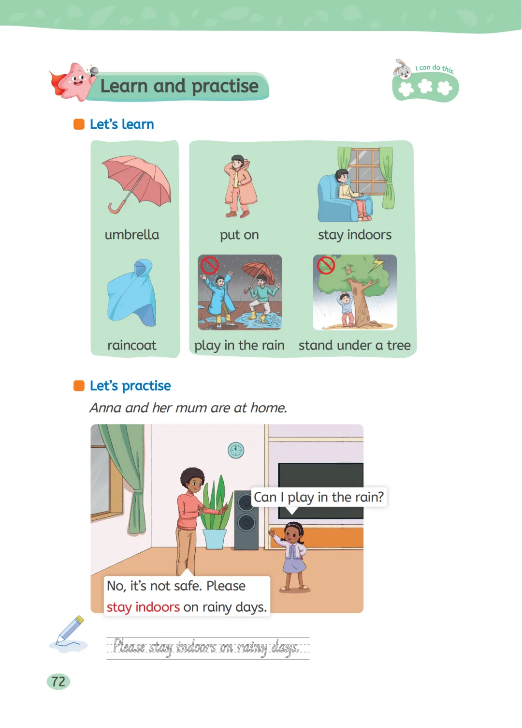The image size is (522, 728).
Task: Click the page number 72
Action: (x=58, y=682)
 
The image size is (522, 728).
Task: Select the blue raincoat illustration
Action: (x=132, y=292)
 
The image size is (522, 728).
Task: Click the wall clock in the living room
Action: (x=236, y=450)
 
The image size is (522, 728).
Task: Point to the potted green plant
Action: (x=216, y=513)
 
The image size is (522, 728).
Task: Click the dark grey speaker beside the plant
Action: (x=246, y=520)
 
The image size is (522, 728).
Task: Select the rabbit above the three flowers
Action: (x=402, y=69)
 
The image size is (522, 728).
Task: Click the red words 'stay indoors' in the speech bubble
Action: (x=143, y=607)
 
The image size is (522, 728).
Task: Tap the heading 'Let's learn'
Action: (x=122, y=124)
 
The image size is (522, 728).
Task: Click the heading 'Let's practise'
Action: (x=130, y=386)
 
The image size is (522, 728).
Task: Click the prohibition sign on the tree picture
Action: (x=325, y=265)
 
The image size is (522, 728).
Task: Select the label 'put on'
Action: (x=239, y=235)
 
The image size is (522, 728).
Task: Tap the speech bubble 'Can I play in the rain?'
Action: (x=319, y=497)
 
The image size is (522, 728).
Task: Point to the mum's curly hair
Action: (x=192, y=477)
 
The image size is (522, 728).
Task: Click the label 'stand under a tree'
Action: (x=355, y=345)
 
